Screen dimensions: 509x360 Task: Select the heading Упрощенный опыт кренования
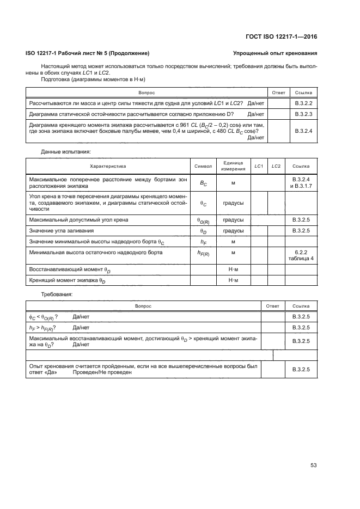[274, 53]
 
